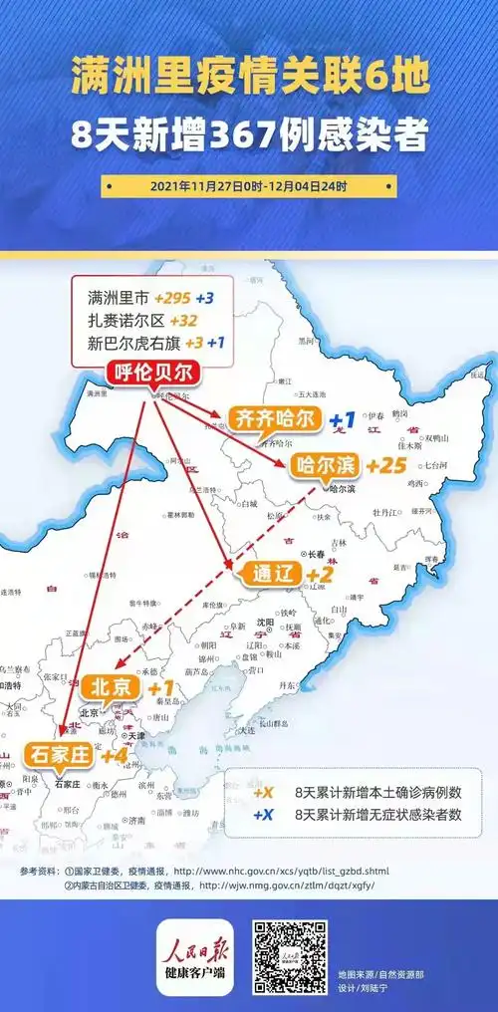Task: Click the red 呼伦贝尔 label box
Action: coord(153,374)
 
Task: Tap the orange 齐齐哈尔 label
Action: coord(273,418)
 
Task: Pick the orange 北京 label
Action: coord(111,687)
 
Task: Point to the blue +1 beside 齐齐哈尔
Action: coord(343,418)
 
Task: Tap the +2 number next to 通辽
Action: coord(319,575)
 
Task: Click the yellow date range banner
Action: coord(248,186)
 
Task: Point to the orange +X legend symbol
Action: coord(263,794)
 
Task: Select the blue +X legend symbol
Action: coord(263,814)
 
